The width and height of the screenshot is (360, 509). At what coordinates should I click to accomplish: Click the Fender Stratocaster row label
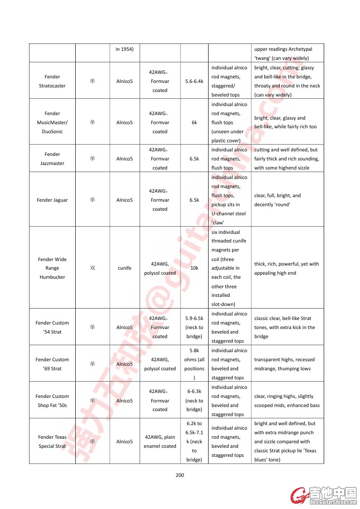pos(52,81)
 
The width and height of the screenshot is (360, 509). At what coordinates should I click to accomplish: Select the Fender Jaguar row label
pos(52,200)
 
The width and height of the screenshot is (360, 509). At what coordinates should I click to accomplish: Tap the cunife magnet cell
pos(124,268)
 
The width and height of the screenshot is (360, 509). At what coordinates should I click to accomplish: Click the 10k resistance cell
pos(194,268)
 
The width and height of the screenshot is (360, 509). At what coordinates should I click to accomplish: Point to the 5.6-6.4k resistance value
pos(194,81)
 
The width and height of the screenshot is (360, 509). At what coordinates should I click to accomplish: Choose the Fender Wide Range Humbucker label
pos(52,268)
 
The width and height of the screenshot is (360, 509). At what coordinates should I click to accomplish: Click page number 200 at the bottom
pos(180,475)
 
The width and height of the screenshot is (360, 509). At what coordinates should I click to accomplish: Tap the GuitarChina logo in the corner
pos(324,495)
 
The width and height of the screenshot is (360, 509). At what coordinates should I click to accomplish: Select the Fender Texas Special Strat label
pos(52,441)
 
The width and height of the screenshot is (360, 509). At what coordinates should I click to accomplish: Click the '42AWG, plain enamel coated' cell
pos(160,441)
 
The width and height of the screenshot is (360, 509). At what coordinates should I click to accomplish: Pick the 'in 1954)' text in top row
pos(124,49)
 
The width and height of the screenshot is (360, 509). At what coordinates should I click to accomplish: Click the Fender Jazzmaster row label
pos(52,159)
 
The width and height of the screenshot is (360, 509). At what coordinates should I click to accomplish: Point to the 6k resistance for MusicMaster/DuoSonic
pos(194,122)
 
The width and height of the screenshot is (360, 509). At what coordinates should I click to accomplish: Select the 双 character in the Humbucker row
pos(92,268)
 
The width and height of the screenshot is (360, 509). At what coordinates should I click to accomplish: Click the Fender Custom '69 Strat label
pos(52,364)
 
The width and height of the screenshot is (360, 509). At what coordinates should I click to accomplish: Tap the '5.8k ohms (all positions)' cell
pos(194,364)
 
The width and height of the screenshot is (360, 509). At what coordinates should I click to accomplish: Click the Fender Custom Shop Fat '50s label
pos(52,401)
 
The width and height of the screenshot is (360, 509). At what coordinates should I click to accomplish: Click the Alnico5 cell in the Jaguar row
pos(124,200)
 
